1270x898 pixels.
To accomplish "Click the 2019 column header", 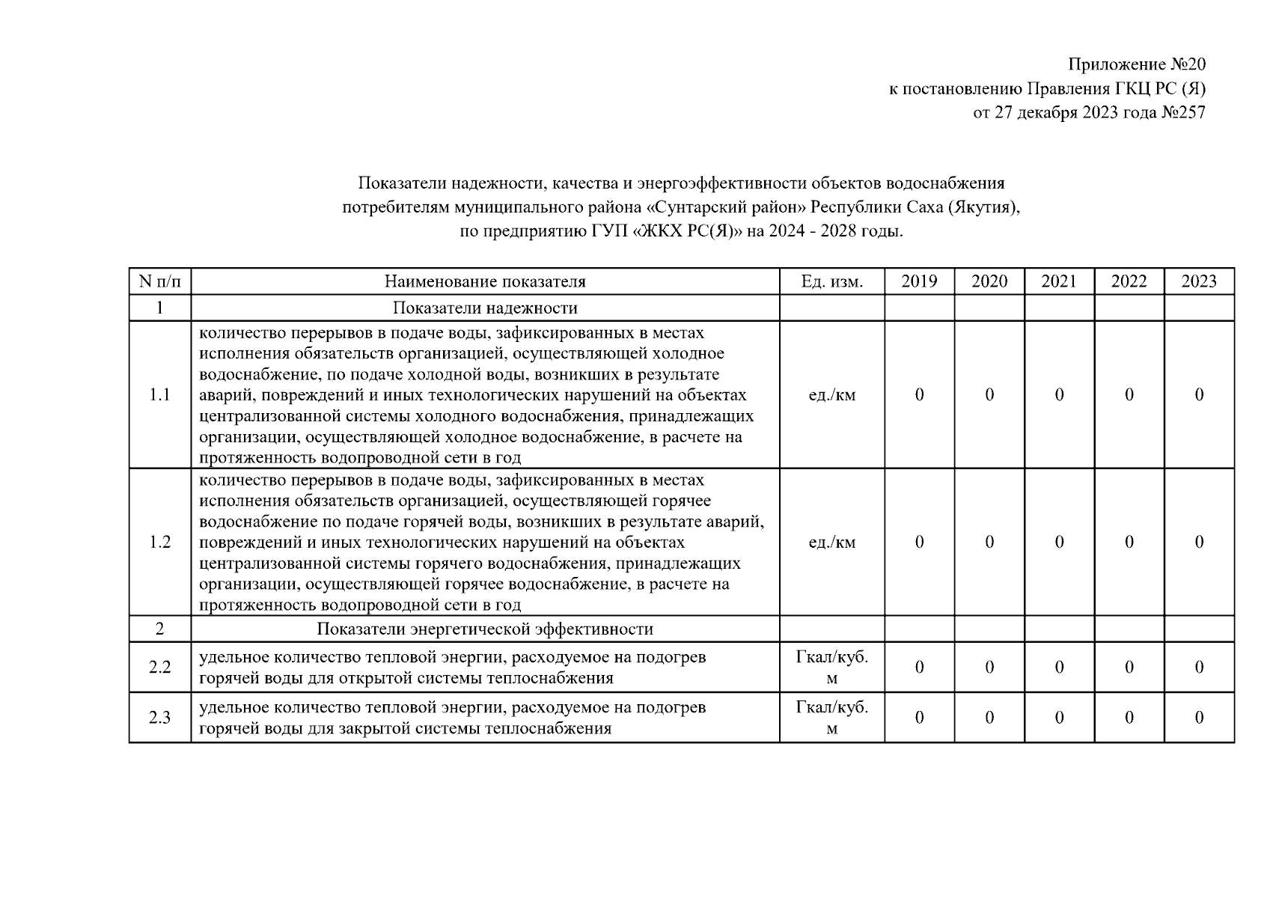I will coord(919,281).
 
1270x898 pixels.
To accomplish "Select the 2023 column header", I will coord(1199,281).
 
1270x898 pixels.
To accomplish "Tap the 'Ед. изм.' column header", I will coord(831,281).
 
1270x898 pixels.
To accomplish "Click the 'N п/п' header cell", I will coord(159,281).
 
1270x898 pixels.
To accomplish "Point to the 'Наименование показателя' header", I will coord(485,281).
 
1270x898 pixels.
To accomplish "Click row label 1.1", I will coord(159,394).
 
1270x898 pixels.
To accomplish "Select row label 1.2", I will coord(159,542).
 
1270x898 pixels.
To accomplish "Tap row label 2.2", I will coord(159,667).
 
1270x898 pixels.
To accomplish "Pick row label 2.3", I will coord(159,718).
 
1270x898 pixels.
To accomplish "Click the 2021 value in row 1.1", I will coord(1059,394).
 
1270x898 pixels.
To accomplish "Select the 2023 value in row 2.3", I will coord(1199,718).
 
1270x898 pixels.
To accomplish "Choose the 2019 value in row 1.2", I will coord(919,542).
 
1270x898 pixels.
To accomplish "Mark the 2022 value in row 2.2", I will coord(1129,667).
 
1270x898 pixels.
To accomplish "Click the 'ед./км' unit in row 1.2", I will coord(831,542).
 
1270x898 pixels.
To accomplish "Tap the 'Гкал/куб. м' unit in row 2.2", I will coord(831,667).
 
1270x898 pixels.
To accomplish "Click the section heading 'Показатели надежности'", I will coord(485,308).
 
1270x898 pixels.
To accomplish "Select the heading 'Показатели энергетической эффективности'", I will coord(485,629).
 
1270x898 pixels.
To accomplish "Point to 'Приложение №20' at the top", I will coord(1136,64).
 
